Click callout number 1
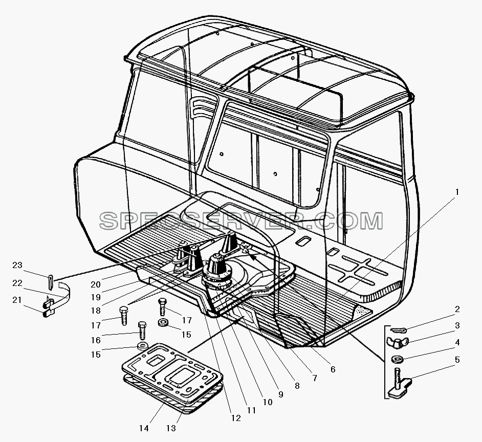click(x=457, y=192)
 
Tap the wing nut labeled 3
click(x=397, y=342)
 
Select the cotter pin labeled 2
click(x=399, y=330)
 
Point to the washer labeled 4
click(x=397, y=359)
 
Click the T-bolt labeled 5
click(x=399, y=382)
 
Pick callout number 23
click(x=17, y=265)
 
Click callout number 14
click(x=144, y=428)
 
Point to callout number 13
click(x=171, y=428)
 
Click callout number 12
click(x=236, y=418)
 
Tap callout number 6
click(x=333, y=369)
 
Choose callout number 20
click(x=96, y=284)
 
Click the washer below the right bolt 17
click(x=163, y=323)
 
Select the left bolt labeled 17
click(x=124, y=315)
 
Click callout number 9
click(x=280, y=394)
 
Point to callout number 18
click(x=96, y=311)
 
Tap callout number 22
click(x=17, y=283)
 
